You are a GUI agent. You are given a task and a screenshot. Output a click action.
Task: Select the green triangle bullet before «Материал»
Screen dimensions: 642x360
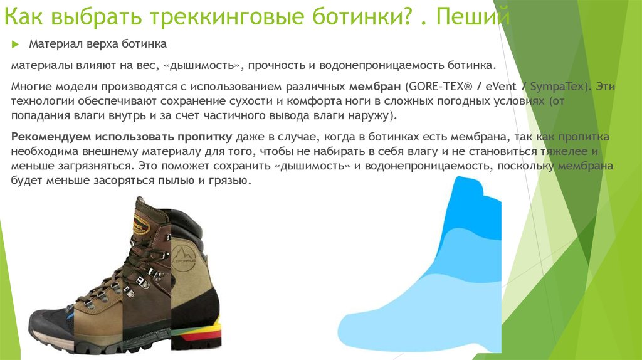click(x=16, y=45)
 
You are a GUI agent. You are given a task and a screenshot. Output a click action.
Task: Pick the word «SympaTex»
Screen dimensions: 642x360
click(x=557, y=87)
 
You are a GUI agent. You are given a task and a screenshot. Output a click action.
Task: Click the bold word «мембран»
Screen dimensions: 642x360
click(x=375, y=87)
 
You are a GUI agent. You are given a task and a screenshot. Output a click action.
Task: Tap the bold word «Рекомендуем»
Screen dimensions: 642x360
click(x=51, y=137)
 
